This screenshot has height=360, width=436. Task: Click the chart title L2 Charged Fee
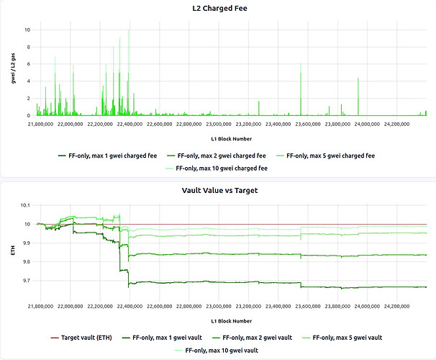(x=218, y=8)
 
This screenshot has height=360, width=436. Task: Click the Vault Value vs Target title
(x=218, y=191)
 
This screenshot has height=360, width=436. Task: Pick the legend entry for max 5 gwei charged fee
(x=330, y=155)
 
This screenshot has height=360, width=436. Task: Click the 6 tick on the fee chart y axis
(x=28, y=64)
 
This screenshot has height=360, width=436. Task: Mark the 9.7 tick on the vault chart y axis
(x=26, y=281)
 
